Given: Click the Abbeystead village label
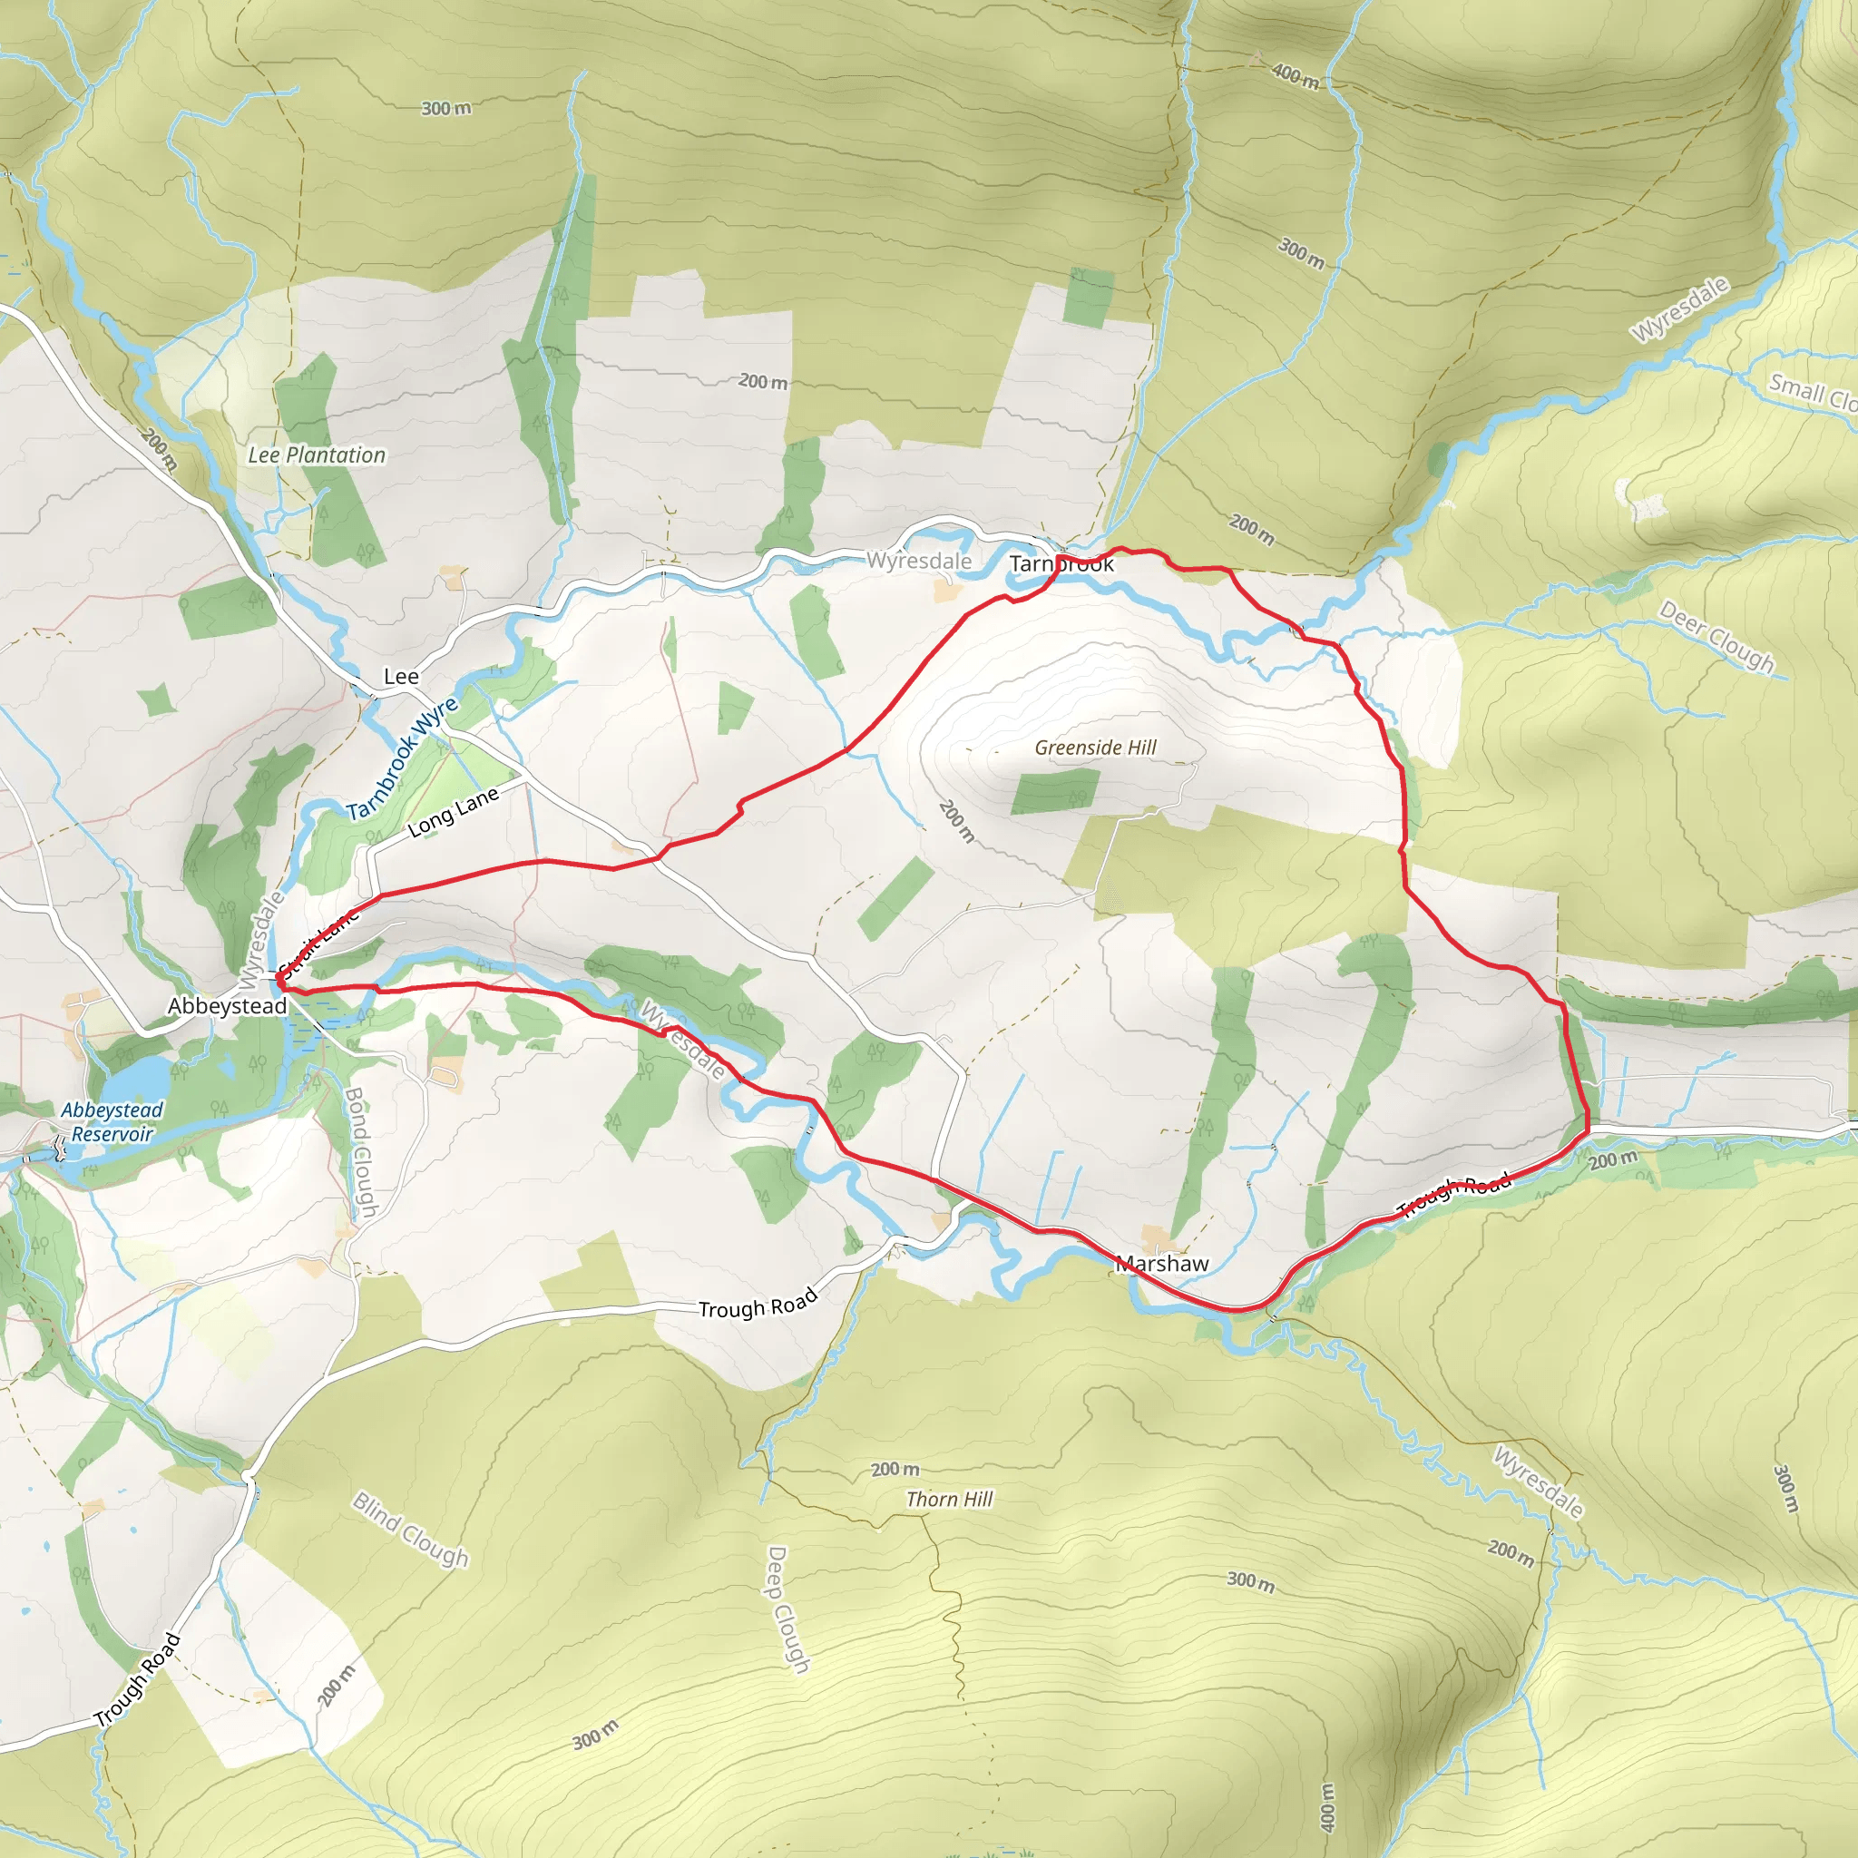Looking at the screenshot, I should [x=227, y=1006].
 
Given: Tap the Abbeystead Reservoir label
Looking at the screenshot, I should [x=112, y=1121].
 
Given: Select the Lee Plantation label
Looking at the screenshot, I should [x=317, y=455].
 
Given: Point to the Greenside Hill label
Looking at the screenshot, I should [x=1095, y=748].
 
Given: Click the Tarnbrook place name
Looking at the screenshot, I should [x=1061, y=564].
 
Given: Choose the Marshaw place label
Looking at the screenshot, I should [x=1162, y=1264].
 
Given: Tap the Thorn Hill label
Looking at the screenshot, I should [x=949, y=1500].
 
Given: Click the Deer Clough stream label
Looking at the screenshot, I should [x=1716, y=637].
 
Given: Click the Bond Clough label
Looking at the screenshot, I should [x=358, y=1151].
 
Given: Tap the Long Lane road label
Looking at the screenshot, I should [x=453, y=811].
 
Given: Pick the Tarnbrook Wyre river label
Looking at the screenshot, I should [x=403, y=758].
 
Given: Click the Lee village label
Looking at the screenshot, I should [x=401, y=676].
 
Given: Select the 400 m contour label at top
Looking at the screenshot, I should [x=1296, y=75].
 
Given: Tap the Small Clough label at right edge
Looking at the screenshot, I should [x=1813, y=392].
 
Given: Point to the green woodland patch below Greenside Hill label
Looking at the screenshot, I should [x=1054, y=790].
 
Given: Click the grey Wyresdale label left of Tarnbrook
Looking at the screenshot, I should [x=918, y=561].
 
